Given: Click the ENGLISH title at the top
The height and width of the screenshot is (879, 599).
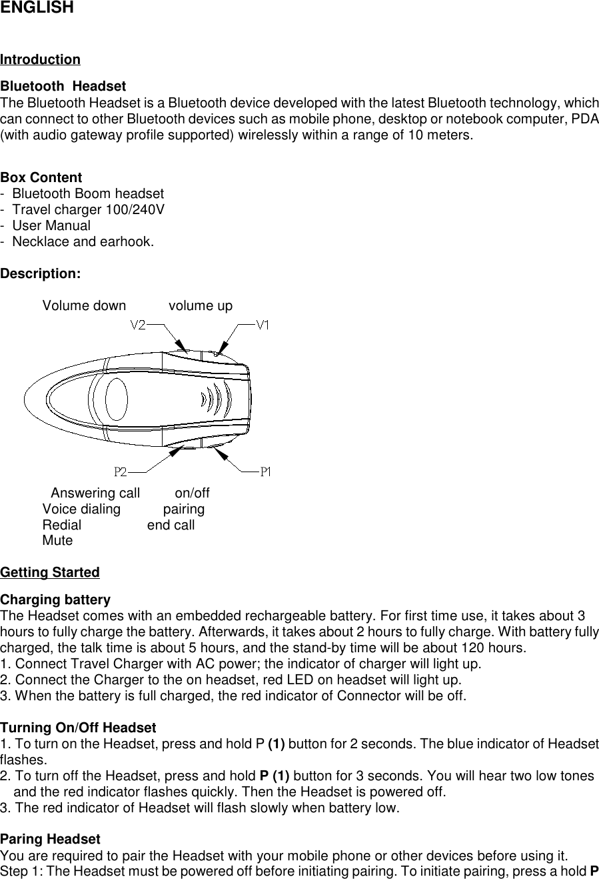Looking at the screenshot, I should point(37,9).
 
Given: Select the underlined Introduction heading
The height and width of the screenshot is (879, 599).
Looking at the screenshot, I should point(41,59).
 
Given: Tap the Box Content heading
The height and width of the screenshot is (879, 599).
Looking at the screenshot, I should point(41,177).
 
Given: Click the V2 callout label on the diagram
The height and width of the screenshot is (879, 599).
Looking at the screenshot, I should point(138,325).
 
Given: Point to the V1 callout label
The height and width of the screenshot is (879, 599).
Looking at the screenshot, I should point(263,325).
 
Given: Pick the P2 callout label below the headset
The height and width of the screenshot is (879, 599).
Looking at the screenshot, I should point(121,472).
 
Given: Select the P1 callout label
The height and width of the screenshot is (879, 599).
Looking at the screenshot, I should point(265,472).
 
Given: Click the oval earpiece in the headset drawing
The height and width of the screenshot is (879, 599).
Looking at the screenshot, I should point(117,398).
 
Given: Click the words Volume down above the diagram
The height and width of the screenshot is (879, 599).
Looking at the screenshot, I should point(84,305).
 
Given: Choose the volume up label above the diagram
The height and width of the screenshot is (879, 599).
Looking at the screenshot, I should point(201,305).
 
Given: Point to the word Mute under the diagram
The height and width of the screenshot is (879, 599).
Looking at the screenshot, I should point(57,540).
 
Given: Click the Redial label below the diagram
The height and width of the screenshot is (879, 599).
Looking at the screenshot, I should point(62,525).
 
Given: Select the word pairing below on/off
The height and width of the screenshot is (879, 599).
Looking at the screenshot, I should point(184,510).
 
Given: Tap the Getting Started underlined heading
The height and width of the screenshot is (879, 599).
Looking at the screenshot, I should point(50,572).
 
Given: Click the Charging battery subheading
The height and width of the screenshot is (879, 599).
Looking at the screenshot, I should point(55,600).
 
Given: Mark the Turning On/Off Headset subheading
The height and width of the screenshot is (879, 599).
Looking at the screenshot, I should point(79,728).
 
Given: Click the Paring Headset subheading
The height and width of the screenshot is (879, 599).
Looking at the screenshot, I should point(51,839).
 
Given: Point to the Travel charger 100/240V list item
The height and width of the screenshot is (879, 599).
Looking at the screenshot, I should point(89,209).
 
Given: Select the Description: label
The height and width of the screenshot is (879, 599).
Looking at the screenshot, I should point(41,273).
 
